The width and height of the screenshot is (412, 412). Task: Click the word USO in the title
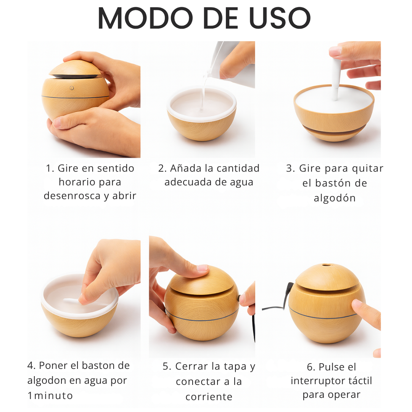click(280, 18)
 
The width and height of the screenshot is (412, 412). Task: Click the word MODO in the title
click(145, 18)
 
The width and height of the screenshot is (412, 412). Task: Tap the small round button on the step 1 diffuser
click(71, 88)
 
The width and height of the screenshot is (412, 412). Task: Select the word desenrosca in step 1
click(72, 195)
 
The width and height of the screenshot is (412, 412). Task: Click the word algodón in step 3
click(335, 198)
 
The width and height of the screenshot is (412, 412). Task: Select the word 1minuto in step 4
click(50, 396)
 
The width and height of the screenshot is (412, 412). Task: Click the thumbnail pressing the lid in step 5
click(202, 268)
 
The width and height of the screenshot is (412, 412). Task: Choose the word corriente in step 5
click(209, 396)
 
